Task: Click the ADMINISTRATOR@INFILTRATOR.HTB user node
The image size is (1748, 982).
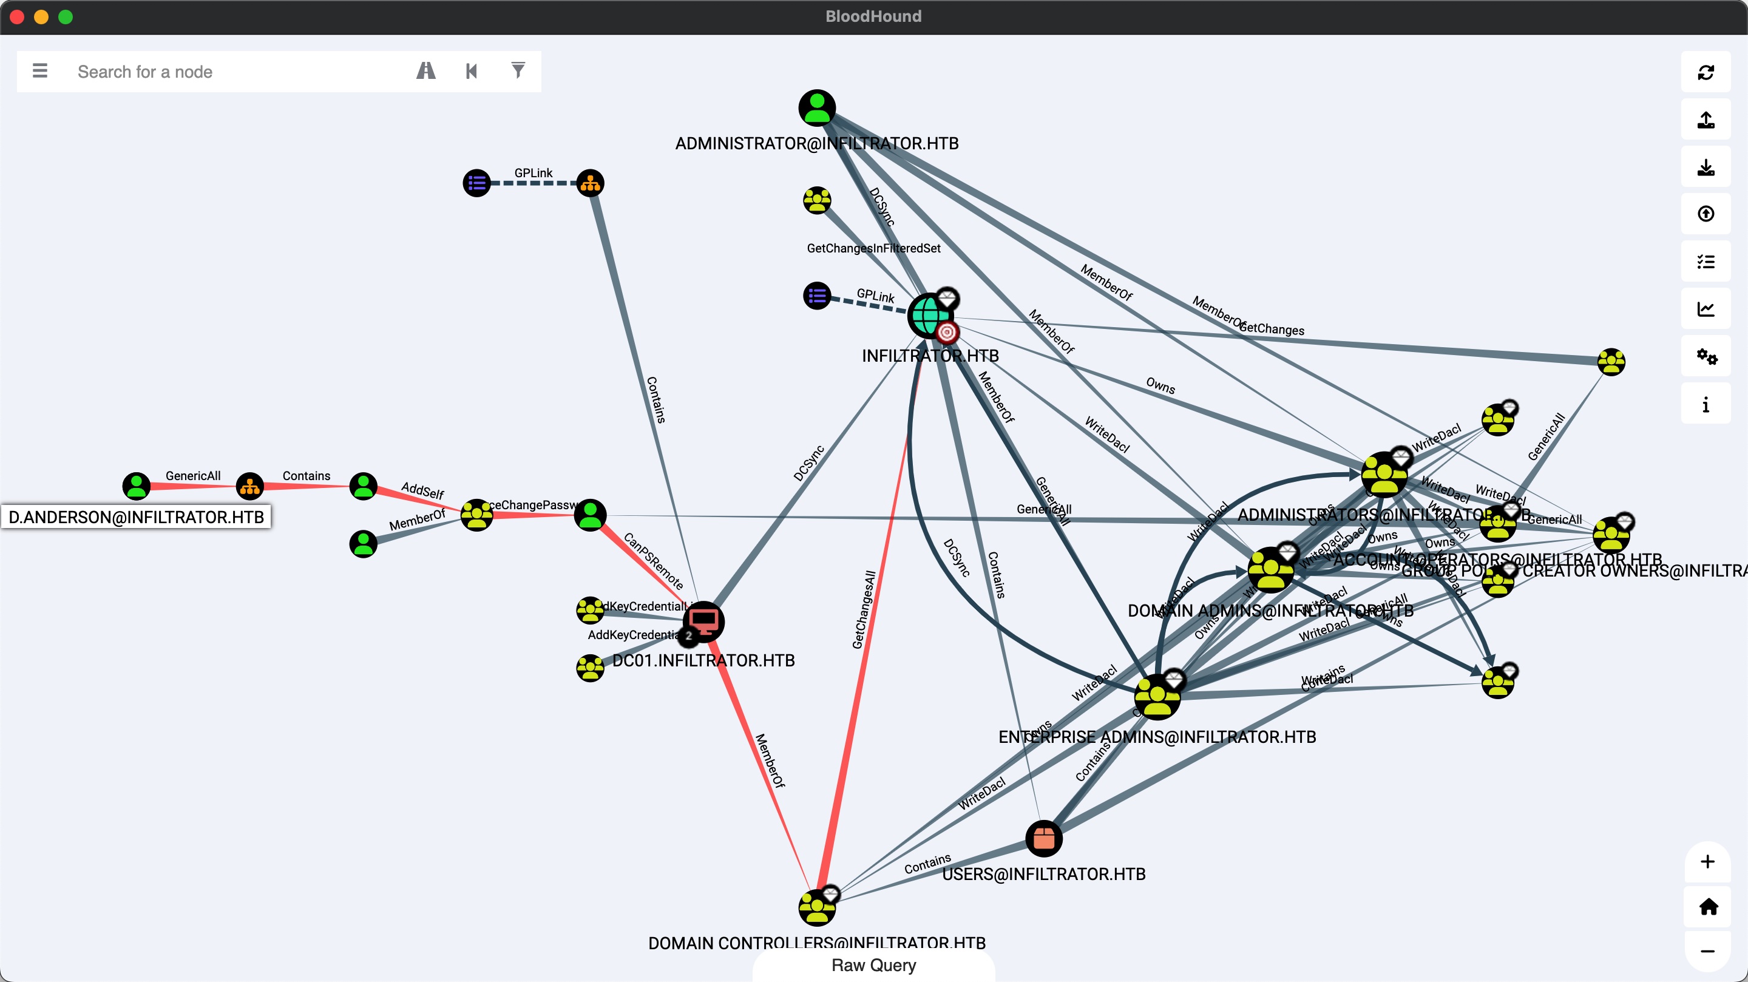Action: (817, 108)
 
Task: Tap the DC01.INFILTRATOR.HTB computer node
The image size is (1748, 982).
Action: (703, 621)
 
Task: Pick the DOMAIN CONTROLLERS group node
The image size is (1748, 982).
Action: (816, 907)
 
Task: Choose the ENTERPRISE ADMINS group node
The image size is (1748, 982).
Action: (1157, 697)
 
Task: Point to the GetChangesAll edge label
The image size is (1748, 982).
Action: (864, 609)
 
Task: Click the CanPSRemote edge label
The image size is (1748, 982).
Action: (653, 561)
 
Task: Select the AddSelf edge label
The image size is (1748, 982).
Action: (422, 490)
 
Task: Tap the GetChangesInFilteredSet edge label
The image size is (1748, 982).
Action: (873, 248)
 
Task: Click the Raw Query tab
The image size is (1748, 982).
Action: (873, 965)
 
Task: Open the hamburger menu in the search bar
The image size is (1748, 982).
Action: (40, 70)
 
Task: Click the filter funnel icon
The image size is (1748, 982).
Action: (518, 70)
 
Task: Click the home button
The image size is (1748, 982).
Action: (1708, 907)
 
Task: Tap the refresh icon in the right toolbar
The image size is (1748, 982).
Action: (1706, 73)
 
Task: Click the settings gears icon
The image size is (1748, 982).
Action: (1706, 356)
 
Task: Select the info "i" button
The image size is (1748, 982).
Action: (1706, 404)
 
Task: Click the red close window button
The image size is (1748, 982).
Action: (18, 17)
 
